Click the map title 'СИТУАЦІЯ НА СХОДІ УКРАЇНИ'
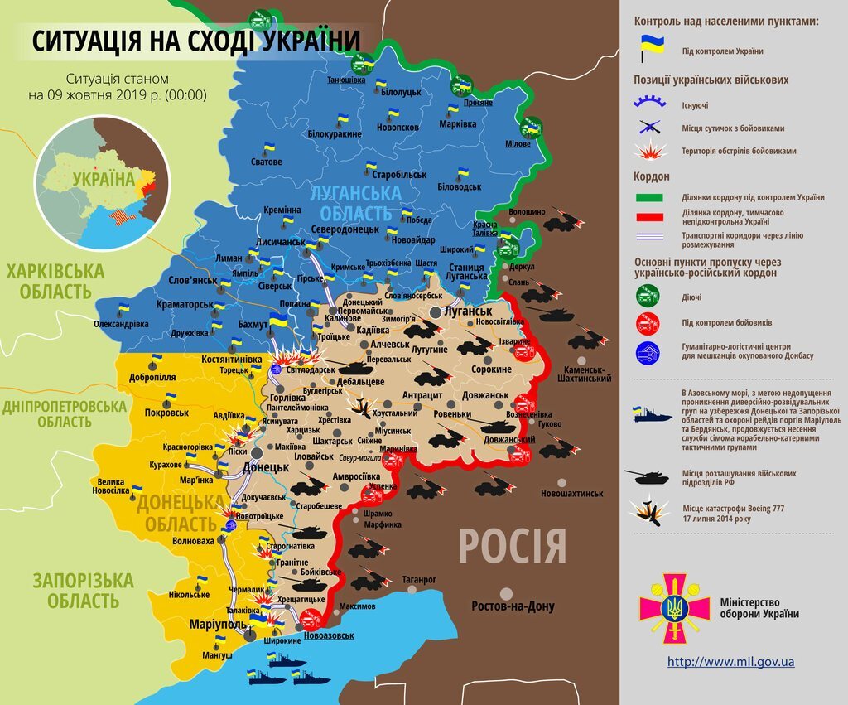point(197,41)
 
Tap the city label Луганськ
point(468,311)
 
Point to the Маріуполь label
point(216,623)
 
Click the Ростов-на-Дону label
point(513,606)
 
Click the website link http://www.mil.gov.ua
point(730,662)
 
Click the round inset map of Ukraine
point(102,182)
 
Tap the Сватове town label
point(267,162)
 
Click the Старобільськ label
point(399,175)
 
